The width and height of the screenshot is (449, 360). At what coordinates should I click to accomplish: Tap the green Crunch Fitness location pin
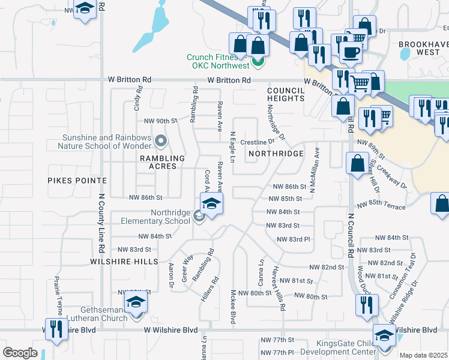point(258,61)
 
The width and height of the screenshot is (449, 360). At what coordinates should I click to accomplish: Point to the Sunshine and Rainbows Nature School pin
point(160,142)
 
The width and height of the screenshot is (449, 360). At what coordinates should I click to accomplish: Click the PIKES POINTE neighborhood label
point(77,180)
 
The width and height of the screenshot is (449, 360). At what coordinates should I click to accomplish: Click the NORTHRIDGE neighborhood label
point(281,154)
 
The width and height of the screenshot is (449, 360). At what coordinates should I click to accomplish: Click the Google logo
point(20,353)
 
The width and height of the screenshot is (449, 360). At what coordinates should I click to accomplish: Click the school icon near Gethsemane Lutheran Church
point(136,301)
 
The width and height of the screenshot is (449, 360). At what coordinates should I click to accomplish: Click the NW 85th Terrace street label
point(381,207)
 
